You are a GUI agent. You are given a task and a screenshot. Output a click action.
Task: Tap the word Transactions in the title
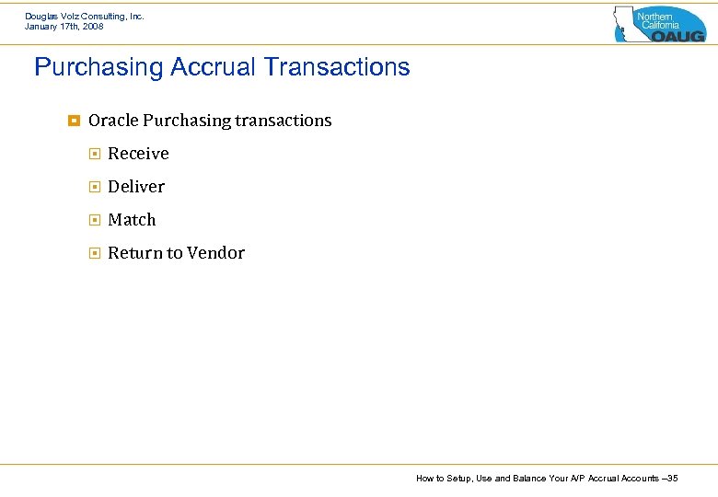pyautogui.click(x=336, y=68)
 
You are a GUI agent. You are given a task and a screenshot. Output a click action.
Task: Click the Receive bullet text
pyautogui.click(x=138, y=154)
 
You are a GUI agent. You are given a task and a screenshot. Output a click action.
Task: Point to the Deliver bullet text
pyautogui.click(x=136, y=187)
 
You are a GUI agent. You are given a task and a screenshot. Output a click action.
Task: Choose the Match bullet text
pyautogui.click(x=132, y=220)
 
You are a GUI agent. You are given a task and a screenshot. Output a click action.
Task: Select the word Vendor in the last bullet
pyautogui.click(x=219, y=253)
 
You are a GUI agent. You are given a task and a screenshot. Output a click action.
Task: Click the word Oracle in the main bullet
pyautogui.click(x=113, y=121)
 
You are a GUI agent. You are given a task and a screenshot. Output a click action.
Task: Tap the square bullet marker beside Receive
pyautogui.click(x=94, y=154)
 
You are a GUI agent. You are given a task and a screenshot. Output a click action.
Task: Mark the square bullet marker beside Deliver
pyautogui.click(x=94, y=187)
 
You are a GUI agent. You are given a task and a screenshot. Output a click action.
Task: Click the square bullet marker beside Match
pyautogui.click(x=94, y=220)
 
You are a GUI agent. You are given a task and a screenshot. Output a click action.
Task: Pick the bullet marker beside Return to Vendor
pyautogui.click(x=94, y=253)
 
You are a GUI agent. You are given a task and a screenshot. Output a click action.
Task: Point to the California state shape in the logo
pyautogui.click(x=626, y=22)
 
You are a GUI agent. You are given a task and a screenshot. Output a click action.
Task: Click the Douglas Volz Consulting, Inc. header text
pyautogui.click(x=85, y=17)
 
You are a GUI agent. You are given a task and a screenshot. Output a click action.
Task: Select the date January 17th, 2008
pyautogui.click(x=64, y=27)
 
